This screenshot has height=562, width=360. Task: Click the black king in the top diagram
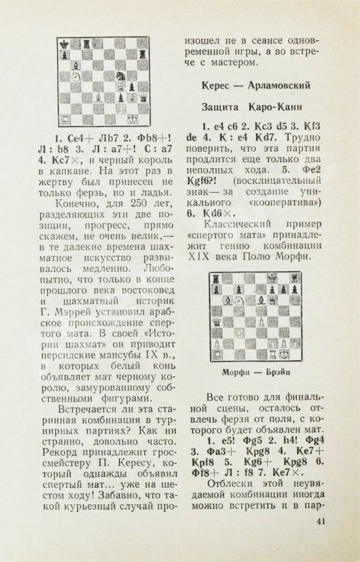(x=64, y=43)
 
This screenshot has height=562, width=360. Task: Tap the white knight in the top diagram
(x=75, y=76)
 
